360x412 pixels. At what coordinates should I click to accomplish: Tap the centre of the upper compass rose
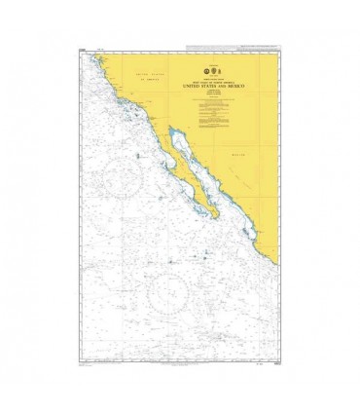click(x=123, y=176)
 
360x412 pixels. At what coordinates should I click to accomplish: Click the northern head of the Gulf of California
click(x=171, y=130)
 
